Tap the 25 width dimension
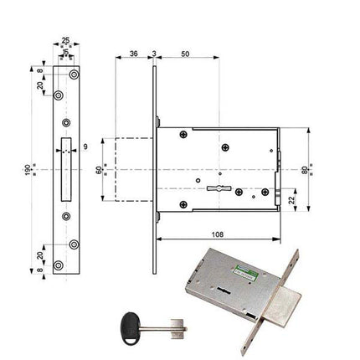pos(65,39)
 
